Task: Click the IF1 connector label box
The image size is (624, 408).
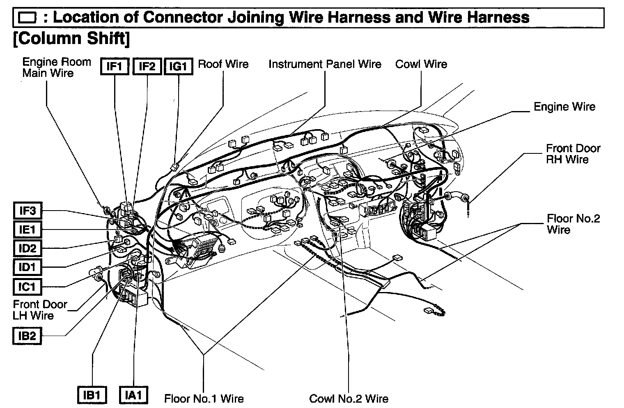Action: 115,67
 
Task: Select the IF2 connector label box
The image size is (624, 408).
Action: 147,67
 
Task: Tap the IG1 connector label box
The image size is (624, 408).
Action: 178,67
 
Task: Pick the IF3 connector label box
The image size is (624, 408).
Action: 27,211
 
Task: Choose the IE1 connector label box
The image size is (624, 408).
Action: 27,229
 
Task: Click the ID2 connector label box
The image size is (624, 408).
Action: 27,248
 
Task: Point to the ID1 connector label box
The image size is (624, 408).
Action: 27,267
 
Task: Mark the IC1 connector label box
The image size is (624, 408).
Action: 27,286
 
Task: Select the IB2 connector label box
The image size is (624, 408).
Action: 27,336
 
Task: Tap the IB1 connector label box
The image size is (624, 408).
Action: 92,395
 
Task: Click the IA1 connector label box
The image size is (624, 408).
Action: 133,395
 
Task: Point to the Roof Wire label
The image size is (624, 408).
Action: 223,64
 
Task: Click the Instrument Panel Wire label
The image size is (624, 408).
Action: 325,64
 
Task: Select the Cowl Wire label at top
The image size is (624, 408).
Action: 421,64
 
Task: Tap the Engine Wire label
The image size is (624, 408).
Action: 564,107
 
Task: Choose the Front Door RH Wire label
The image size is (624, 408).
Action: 573,154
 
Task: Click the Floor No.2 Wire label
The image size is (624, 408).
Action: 573,224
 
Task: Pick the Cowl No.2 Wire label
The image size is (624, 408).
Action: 349,399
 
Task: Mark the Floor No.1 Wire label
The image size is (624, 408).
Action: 204,399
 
